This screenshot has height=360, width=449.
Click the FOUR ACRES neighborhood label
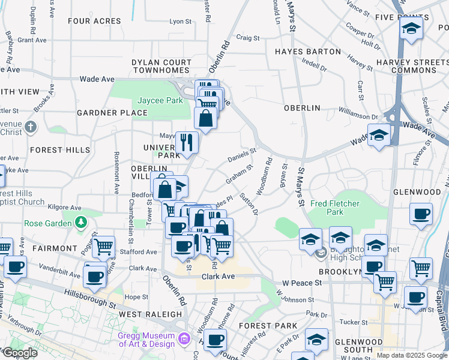coord(94,21)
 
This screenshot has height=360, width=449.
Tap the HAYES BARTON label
coord(308,52)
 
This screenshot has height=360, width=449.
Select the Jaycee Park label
coord(160,101)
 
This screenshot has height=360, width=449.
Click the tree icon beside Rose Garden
coord(80,223)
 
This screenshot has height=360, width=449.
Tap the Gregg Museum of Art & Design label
coord(146,340)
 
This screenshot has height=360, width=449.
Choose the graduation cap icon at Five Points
coord(411,28)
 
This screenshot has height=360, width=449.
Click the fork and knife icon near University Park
coord(187,141)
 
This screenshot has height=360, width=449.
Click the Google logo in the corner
coord(19,353)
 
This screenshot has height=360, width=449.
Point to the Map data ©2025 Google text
coord(411,355)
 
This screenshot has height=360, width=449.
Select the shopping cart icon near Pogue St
coord(103,245)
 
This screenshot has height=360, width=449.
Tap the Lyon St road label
coord(180,21)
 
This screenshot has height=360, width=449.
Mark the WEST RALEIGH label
coord(150,314)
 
